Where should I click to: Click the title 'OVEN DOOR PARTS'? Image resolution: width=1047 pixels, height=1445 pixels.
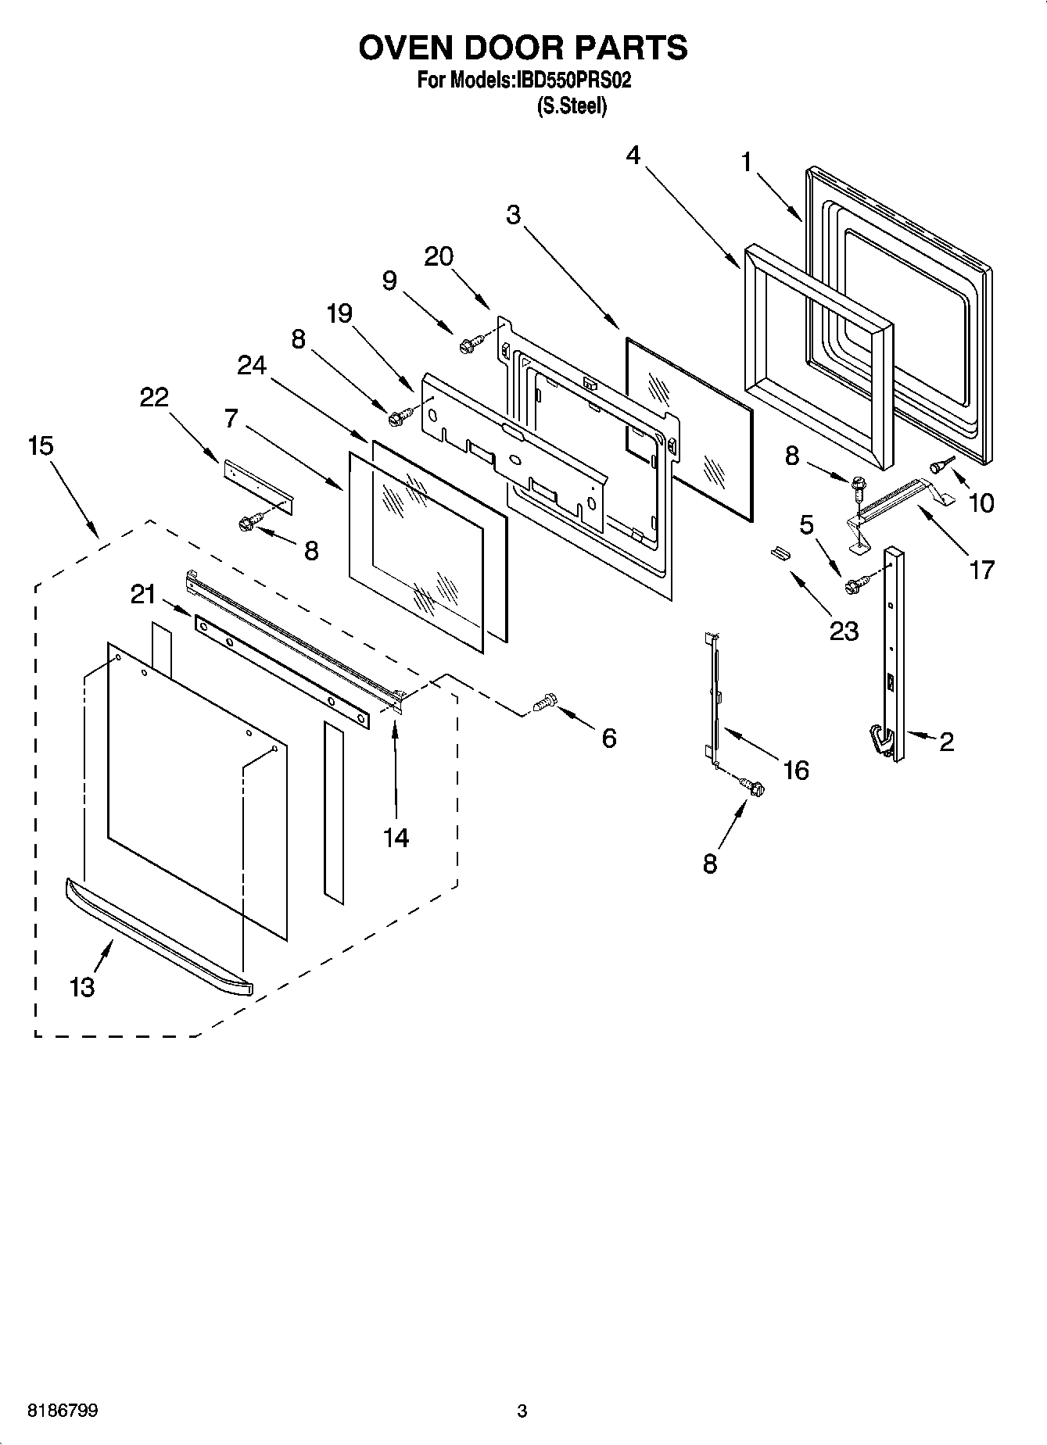[x=522, y=48]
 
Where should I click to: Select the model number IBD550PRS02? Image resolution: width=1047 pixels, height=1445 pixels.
[x=571, y=80]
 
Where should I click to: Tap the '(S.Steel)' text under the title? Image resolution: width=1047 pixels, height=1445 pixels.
[x=572, y=106]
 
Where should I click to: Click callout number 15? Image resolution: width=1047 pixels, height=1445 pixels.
[x=41, y=446]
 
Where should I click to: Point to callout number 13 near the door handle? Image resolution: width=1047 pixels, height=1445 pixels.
[x=81, y=987]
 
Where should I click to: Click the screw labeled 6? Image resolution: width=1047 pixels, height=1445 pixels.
[x=543, y=703]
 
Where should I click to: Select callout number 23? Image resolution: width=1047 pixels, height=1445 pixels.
[x=844, y=631]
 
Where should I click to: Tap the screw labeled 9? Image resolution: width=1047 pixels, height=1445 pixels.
[x=471, y=342]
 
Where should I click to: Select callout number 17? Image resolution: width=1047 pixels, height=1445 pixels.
[x=982, y=570]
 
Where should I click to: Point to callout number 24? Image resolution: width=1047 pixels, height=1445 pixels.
[x=252, y=365]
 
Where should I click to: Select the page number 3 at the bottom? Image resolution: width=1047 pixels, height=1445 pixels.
[x=522, y=1411]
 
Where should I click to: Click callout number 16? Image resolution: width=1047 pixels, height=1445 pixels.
[x=795, y=771]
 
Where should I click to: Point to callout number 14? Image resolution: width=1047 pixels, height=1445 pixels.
[x=396, y=838]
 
